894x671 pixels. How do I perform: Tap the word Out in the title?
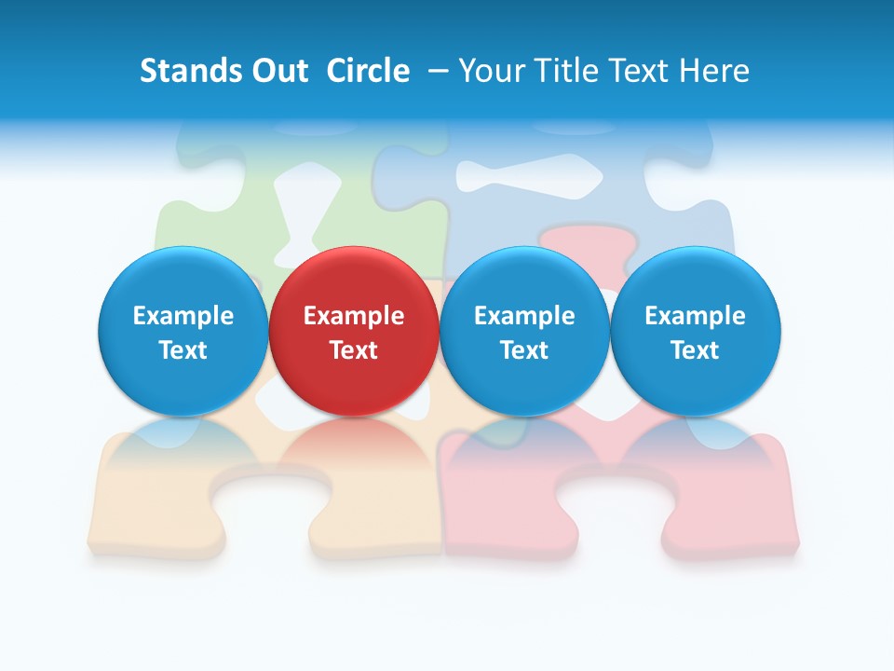click(277, 71)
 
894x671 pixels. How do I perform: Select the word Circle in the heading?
click(368, 71)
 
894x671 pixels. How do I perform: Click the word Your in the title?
click(490, 71)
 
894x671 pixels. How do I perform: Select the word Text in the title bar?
click(638, 71)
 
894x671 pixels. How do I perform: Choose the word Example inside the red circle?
click(354, 316)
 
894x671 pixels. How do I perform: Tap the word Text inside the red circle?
click(354, 350)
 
